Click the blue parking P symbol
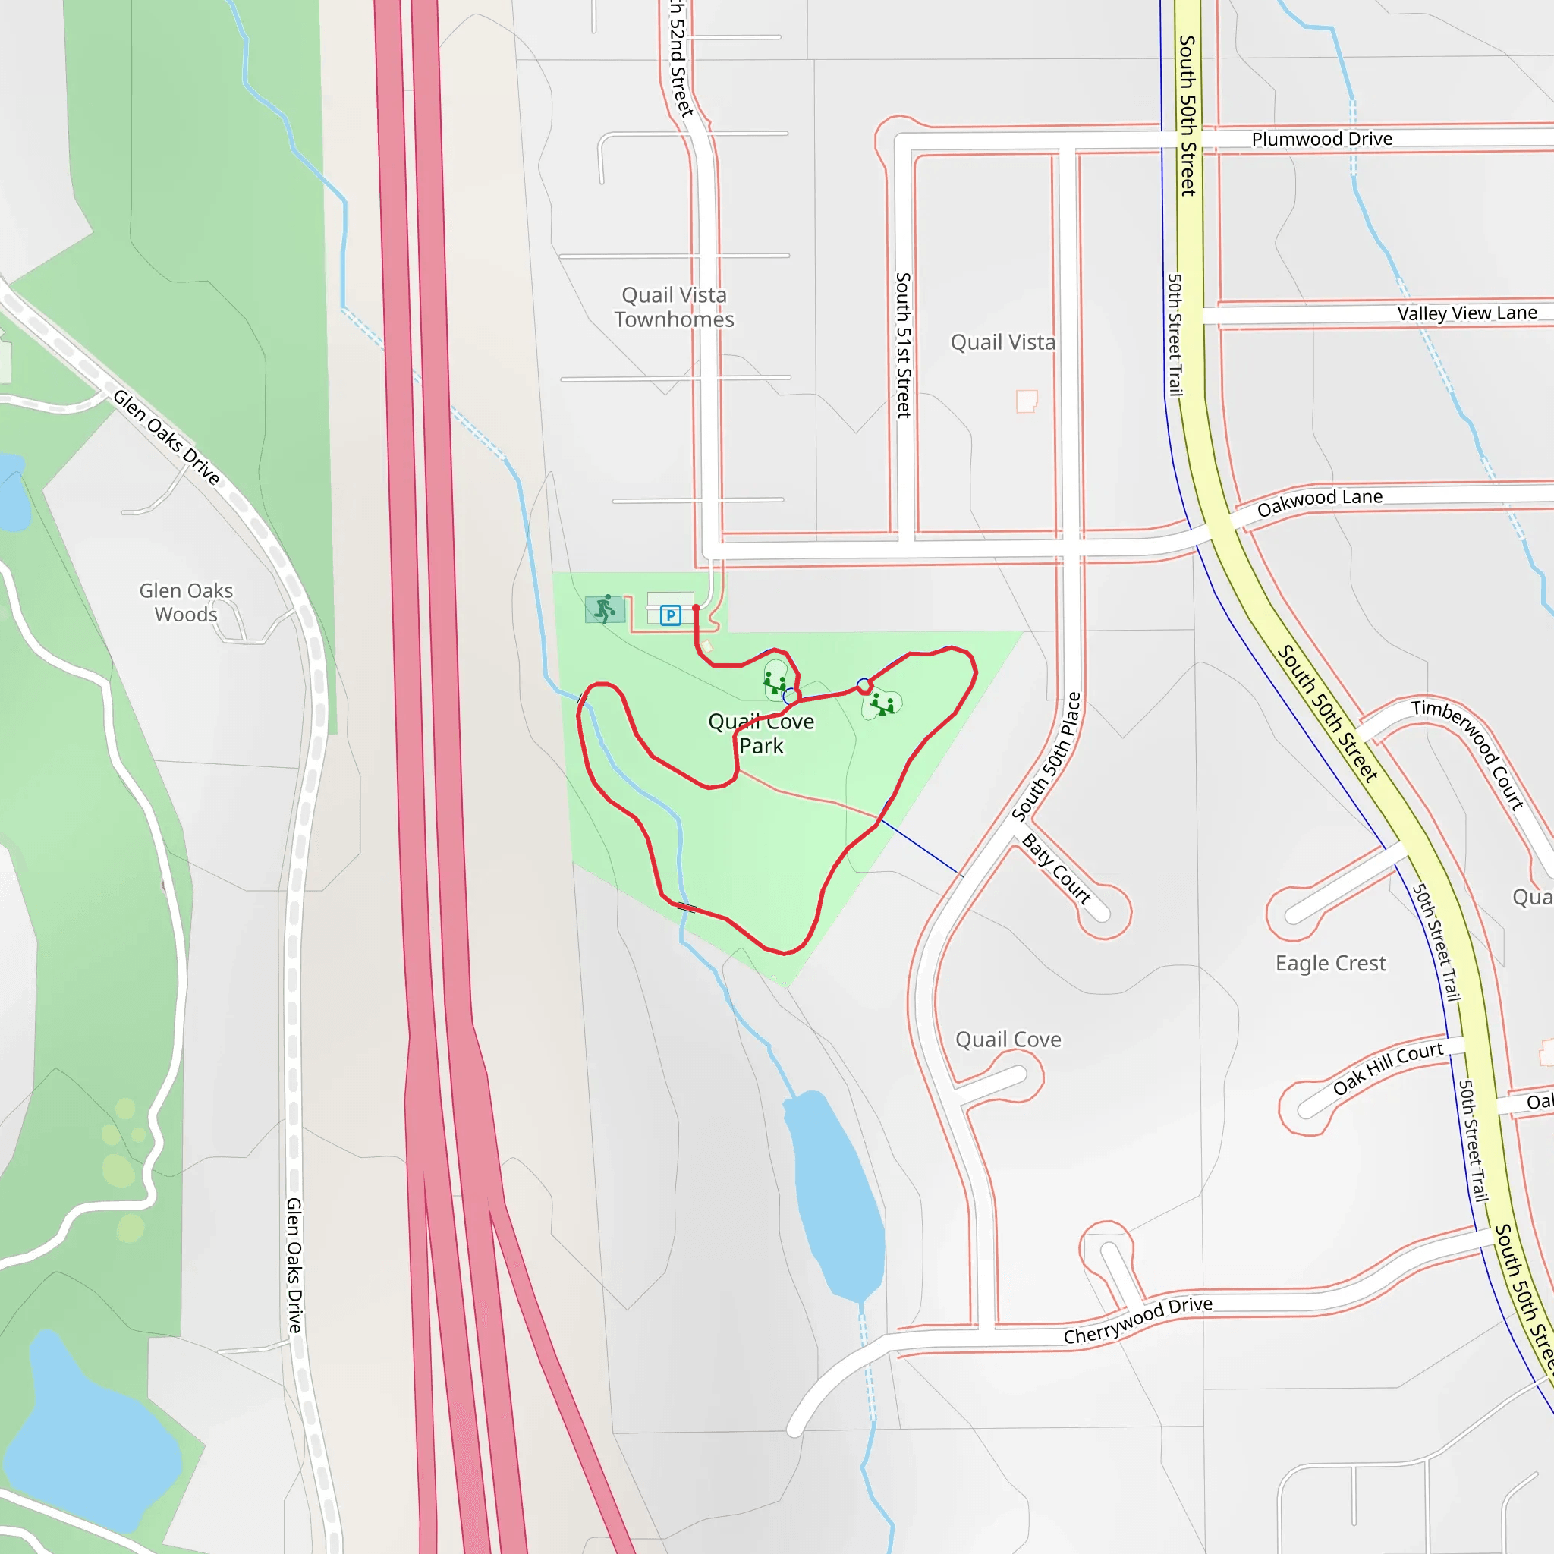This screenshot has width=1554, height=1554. point(670,616)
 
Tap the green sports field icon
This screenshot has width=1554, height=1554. point(605,609)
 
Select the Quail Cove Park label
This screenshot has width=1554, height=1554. point(761,734)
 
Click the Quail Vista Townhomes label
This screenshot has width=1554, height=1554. point(674,307)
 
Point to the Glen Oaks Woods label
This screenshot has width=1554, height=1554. point(186,602)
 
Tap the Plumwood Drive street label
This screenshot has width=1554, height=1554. point(1322,139)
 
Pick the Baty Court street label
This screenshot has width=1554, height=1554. point(1056,870)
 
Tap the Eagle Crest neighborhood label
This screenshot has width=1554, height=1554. point(1330,963)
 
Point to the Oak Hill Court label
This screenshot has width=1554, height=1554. point(1388,1068)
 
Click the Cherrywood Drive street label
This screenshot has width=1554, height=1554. point(1137,1320)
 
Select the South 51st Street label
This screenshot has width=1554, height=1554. point(903,345)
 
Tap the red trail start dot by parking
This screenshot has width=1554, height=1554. point(696,608)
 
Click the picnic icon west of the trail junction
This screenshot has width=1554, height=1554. point(775,684)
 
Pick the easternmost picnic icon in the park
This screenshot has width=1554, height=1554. point(882,705)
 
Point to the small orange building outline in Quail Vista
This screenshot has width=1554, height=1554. point(1027,401)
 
